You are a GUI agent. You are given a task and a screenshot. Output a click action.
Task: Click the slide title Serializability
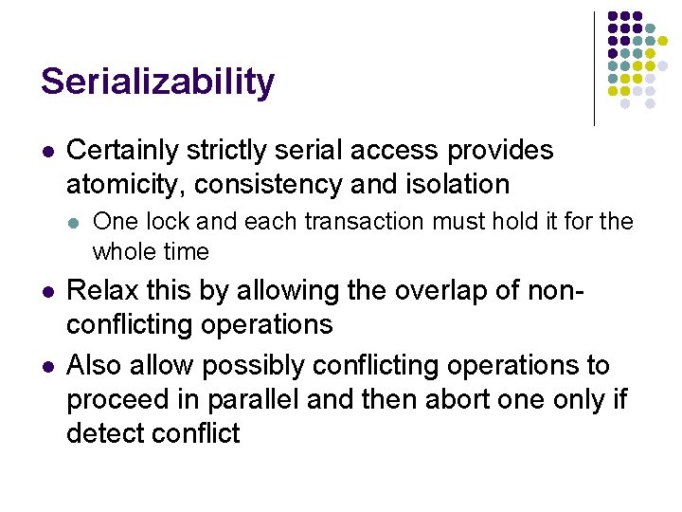tap(157, 82)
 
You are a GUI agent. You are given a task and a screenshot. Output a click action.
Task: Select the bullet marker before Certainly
tap(46, 152)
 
